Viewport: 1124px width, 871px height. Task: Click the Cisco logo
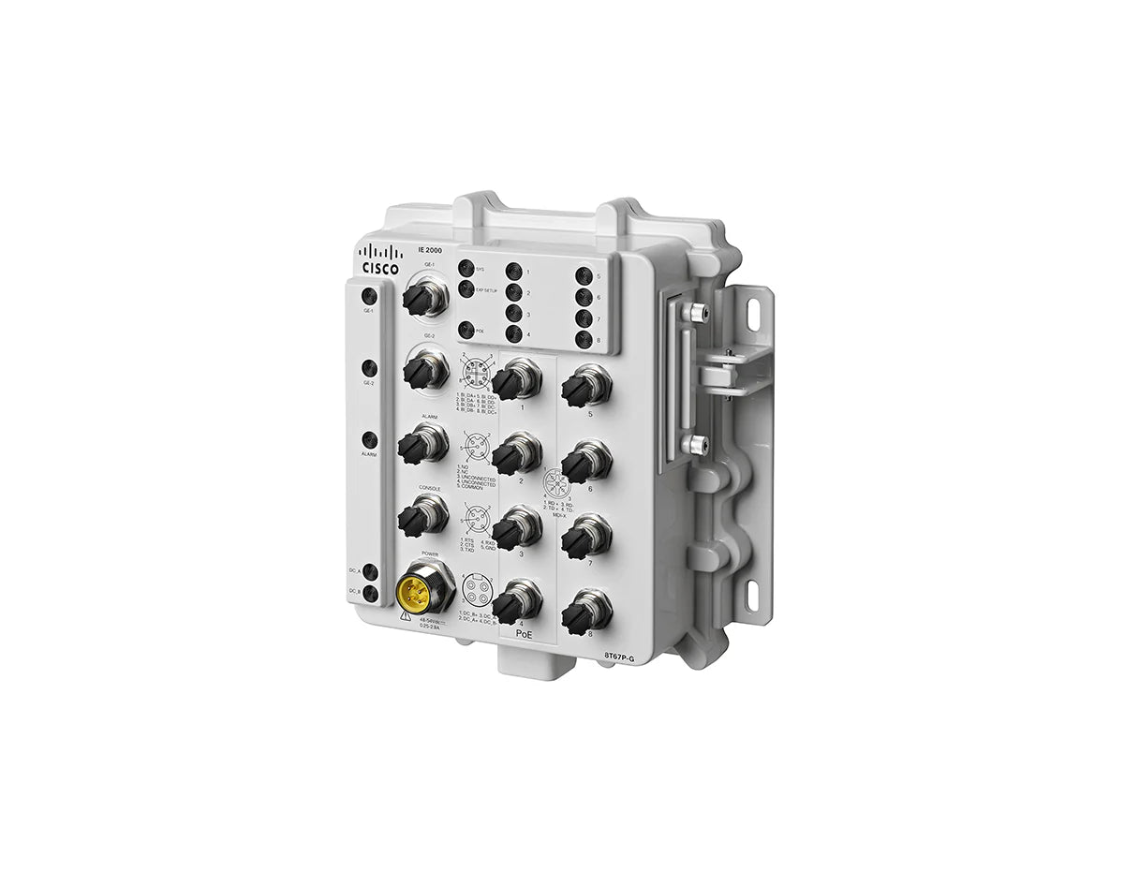click(x=380, y=258)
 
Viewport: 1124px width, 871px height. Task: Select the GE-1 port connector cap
click(x=418, y=299)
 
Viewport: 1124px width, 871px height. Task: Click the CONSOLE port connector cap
click(x=416, y=514)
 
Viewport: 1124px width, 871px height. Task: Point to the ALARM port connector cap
click(x=416, y=447)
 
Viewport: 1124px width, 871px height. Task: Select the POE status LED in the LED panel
click(x=466, y=329)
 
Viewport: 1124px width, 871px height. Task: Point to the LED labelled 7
click(x=584, y=318)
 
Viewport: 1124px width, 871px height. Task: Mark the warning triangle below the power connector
click(x=403, y=617)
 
